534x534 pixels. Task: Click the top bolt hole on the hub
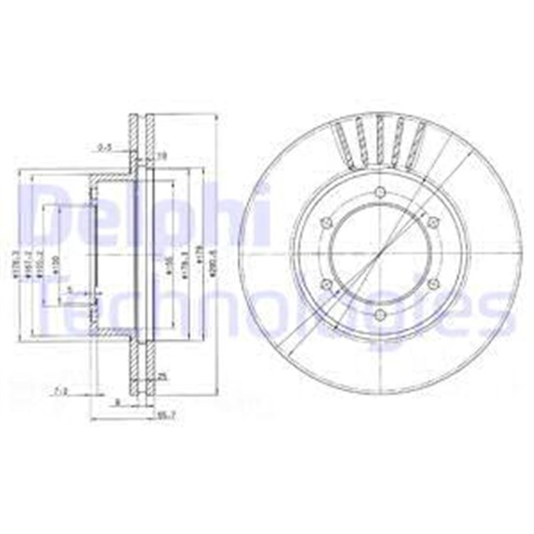coord(380,193)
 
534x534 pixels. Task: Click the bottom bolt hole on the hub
coord(380,315)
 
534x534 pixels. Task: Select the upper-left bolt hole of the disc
coord(327,222)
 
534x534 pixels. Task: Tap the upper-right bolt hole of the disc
coord(433,222)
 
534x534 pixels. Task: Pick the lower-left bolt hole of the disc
coord(327,285)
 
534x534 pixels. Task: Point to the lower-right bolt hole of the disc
coord(433,285)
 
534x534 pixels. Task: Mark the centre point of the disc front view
coord(380,254)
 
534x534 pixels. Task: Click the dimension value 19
coord(164,154)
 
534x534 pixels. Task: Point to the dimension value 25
coord(164,377)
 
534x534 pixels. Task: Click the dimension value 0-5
coord(105,148)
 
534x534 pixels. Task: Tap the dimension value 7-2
coord(60,390)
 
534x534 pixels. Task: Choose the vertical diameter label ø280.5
coord(214,257)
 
